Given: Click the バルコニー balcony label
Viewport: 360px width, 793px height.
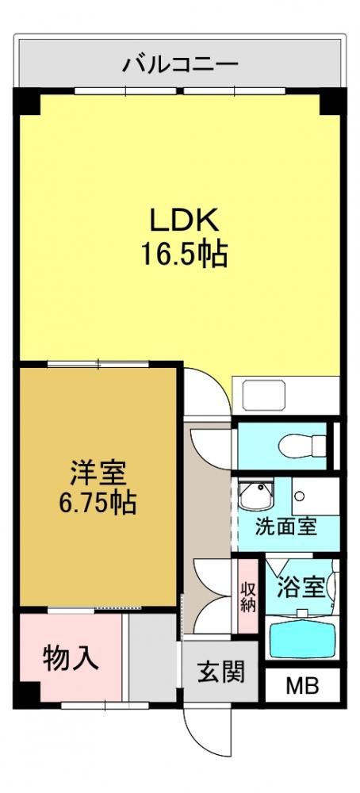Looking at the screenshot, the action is click(x=179, y=65).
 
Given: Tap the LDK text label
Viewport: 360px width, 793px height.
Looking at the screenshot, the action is click(x=183, y=220).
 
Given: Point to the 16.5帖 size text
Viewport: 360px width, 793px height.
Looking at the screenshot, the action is click(x=183, y=254).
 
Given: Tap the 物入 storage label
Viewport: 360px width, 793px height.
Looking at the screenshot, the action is click(x=71, y=658).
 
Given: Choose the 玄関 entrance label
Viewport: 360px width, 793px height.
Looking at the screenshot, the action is click(x=220, y=672).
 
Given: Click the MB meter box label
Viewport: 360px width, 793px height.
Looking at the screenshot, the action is click(x=302, y=686).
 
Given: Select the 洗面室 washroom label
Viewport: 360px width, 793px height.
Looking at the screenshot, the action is click(x=285, y=527).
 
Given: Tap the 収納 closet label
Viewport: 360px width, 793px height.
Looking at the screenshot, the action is click(x=247, y=597).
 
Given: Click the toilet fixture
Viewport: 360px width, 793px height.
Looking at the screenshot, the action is click(x=302, y=446).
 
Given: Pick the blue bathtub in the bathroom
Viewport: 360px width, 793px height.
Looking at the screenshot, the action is click(x=302, y=639).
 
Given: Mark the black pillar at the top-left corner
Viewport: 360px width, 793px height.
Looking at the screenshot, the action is click(x=27, y=101).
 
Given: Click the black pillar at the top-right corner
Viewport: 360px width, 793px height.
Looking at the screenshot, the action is click(x=333, y=101).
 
